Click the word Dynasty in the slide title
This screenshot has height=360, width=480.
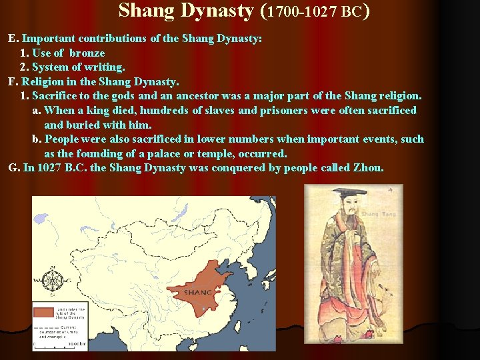tap(215, 11)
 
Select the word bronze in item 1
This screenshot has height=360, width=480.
tap(87, 53)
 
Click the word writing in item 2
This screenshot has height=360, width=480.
tap(107, 67)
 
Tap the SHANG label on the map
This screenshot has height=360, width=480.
tap(199, 292)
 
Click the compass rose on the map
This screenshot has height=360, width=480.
tap(50, 276)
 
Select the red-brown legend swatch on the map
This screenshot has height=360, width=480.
tap(45, 311)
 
